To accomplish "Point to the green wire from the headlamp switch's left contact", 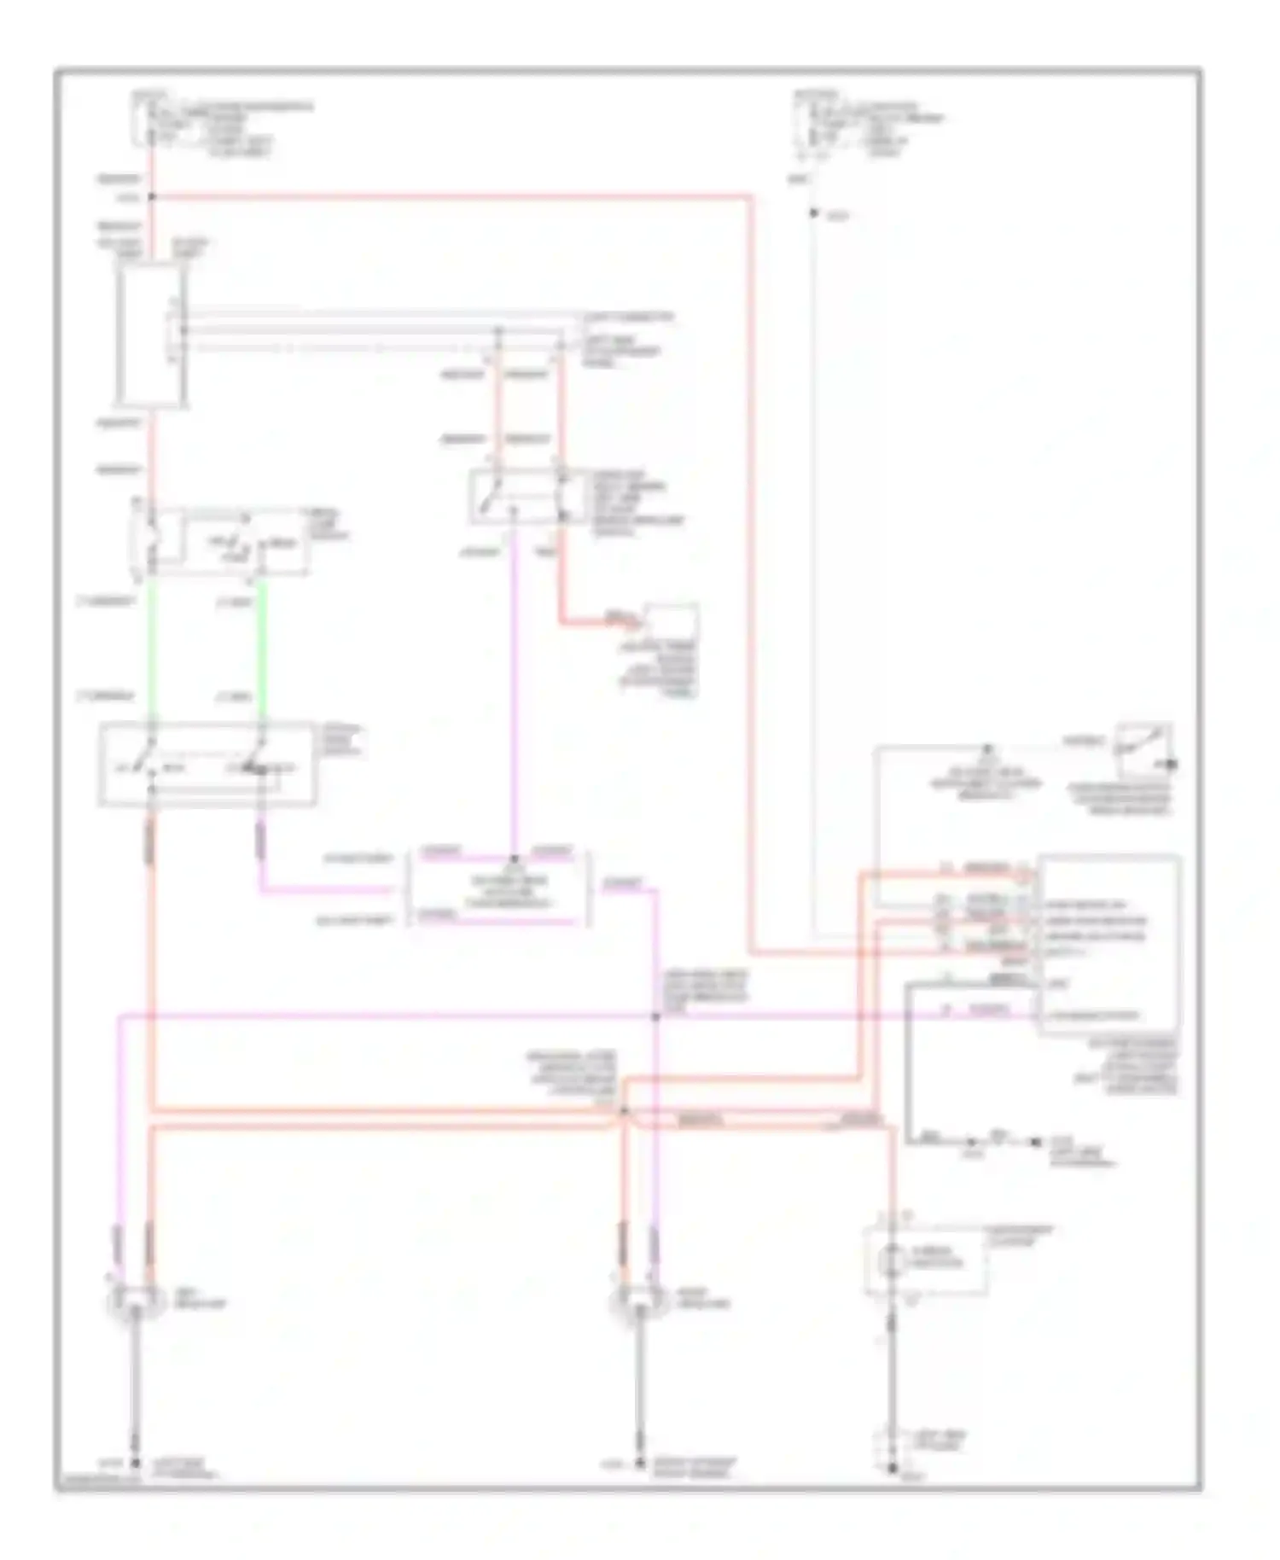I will coord(151,649).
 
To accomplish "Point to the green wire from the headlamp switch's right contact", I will coord(260,649).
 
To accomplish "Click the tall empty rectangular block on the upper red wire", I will coord(150,333).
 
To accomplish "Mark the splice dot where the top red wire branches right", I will coord(152,197).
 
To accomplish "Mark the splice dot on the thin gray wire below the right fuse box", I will coord(813,213).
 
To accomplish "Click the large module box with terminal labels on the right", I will coord(1109,943).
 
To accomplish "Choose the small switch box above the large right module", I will coord(1143,745).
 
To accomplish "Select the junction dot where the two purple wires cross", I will coord(655,1016).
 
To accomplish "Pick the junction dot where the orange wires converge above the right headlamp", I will coord(624,1110).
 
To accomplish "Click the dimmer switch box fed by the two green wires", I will coord(207,764).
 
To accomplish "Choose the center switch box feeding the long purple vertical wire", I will coord(516,497).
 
